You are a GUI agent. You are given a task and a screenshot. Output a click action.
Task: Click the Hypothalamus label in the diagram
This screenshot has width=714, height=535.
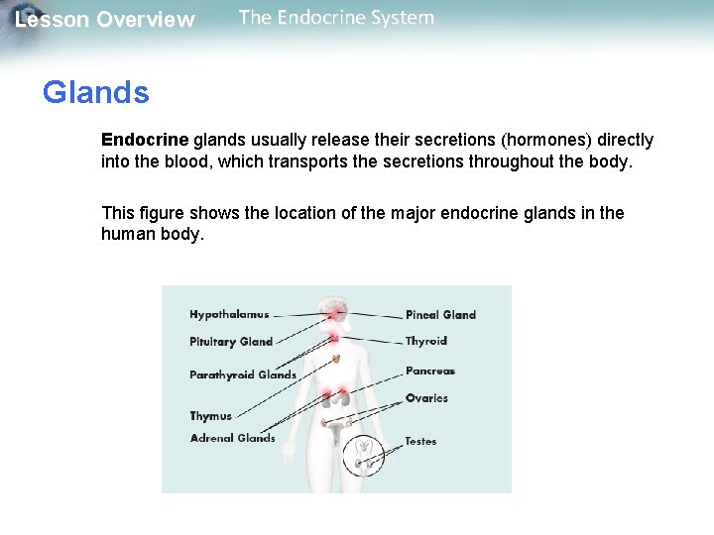[x=229, y=315]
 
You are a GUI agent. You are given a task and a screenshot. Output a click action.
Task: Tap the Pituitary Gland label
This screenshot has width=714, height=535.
[x=231, y=342]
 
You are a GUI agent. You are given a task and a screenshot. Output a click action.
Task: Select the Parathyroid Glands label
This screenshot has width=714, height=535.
[x=243, y=374]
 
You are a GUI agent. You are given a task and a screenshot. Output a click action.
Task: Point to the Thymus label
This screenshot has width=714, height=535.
[x=210, y=416]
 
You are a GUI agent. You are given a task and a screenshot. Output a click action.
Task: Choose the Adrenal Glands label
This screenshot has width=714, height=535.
[x=233, y=438]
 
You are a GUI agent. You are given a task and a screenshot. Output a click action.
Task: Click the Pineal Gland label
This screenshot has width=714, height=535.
[x=440, y=315]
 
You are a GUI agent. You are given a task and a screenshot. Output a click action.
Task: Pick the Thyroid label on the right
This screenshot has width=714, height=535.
[x=426, y=341]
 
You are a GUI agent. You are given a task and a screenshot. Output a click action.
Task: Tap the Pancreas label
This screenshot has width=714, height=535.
[x=430, y=372]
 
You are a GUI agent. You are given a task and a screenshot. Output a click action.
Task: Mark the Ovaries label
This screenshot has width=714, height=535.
[x=426, y=398]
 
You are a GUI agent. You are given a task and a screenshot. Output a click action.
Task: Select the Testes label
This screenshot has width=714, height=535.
[x=420, y=441]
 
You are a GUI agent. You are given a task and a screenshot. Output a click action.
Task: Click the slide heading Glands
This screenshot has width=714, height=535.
[x=95, y=93]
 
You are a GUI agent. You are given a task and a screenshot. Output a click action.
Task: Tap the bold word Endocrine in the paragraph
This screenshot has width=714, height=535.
[x=145, y=141]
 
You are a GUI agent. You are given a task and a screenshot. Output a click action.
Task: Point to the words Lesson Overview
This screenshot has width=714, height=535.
[x=105, y=20]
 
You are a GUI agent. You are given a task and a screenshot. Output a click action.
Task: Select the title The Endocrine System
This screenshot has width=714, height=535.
[x=336, y=18]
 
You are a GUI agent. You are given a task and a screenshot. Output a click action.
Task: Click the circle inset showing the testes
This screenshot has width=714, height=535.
[x=364, y=455]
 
